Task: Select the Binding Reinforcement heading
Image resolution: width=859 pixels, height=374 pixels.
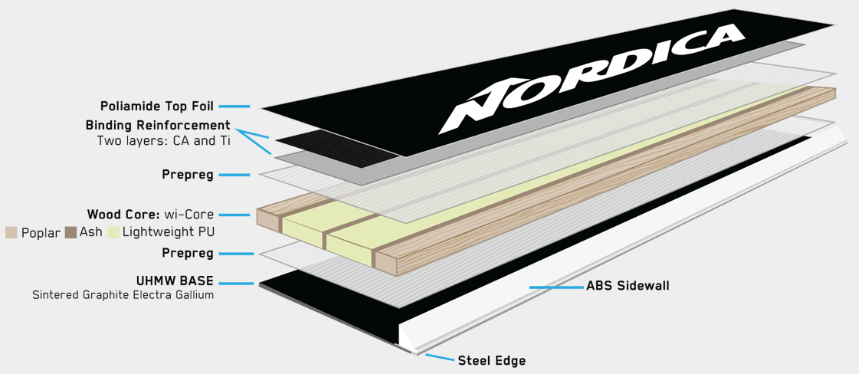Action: [158, 126]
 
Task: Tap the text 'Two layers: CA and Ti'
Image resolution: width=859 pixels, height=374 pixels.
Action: [164, 140]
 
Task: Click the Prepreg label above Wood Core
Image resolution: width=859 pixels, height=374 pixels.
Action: [188, 175]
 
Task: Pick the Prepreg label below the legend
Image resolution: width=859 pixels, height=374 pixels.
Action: [188, 254]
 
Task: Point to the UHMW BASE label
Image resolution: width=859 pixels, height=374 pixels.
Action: [175, 282]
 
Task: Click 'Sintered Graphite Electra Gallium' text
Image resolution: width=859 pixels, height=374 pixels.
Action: [123, 295]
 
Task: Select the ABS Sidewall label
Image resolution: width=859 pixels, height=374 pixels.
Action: [628, 286]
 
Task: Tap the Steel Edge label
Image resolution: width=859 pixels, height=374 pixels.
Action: [492, 360]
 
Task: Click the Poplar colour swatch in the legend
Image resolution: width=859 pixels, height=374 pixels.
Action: [11, 232]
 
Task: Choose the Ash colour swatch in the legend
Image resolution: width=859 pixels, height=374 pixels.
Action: [70, 232]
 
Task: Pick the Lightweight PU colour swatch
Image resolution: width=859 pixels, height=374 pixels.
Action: [113, 232]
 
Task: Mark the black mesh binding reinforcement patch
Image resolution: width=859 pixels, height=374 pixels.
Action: [337, 146]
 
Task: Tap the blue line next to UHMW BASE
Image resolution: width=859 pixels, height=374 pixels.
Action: [237, 284]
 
